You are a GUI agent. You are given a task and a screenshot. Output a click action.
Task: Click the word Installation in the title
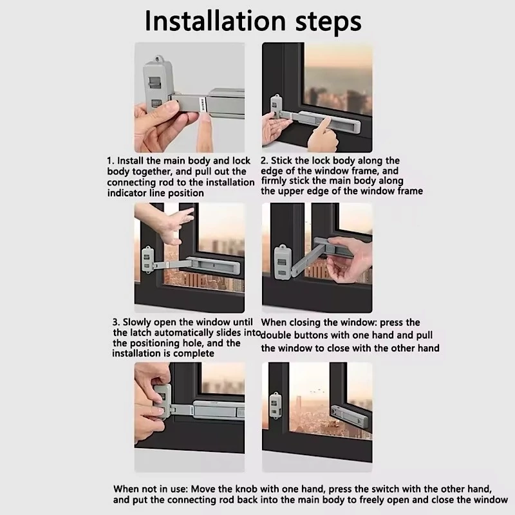(216, 21)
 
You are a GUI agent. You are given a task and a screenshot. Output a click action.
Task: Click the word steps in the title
(328, 22)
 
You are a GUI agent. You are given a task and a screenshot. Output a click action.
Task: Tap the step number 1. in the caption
(111, 160)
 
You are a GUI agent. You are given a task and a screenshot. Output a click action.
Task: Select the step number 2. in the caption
(265, 160)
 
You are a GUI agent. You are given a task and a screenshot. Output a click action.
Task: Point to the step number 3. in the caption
(116, 322)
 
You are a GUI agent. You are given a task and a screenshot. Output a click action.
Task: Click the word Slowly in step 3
(137, 323)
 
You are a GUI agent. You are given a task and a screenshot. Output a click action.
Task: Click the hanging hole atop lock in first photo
(159, 59)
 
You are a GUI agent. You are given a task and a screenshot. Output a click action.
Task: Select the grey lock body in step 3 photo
(147, 259)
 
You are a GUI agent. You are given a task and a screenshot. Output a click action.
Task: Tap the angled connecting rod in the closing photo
(304, 259)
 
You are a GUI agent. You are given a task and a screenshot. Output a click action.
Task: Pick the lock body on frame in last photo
(276, 406)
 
